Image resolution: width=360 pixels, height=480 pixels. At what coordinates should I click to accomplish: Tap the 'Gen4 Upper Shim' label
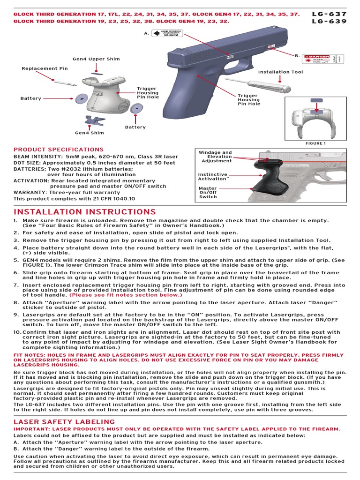click(x=96, y=59)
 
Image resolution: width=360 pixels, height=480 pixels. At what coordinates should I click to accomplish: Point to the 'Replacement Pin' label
click(x=45, y=68)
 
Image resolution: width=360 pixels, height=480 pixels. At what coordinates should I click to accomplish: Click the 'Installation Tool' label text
click(x=281, y=72)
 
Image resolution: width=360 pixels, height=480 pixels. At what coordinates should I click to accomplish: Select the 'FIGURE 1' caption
click(x=315, y=143)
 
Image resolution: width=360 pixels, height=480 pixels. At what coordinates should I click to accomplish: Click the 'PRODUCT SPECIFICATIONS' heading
click(x=58, y=149)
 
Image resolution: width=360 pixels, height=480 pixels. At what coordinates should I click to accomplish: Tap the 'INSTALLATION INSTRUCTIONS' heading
click(x=84, y=212)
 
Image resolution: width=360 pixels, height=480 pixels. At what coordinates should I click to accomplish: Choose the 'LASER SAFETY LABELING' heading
click(x=64, y=422)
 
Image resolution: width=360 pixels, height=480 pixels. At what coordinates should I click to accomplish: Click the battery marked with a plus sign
click(x=82, y=99)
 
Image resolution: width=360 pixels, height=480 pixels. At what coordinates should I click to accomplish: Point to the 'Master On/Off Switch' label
click(x=208, y=193)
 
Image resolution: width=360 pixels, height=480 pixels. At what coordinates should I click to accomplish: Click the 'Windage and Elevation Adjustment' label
click(x=215, y=157)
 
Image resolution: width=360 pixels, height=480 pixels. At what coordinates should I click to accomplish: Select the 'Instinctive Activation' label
click(x=213, y=176)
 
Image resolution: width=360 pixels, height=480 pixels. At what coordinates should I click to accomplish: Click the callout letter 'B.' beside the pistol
click(x=297, y=56)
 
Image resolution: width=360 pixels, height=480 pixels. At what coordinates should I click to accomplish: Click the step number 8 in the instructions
click(x=15, y=303)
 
